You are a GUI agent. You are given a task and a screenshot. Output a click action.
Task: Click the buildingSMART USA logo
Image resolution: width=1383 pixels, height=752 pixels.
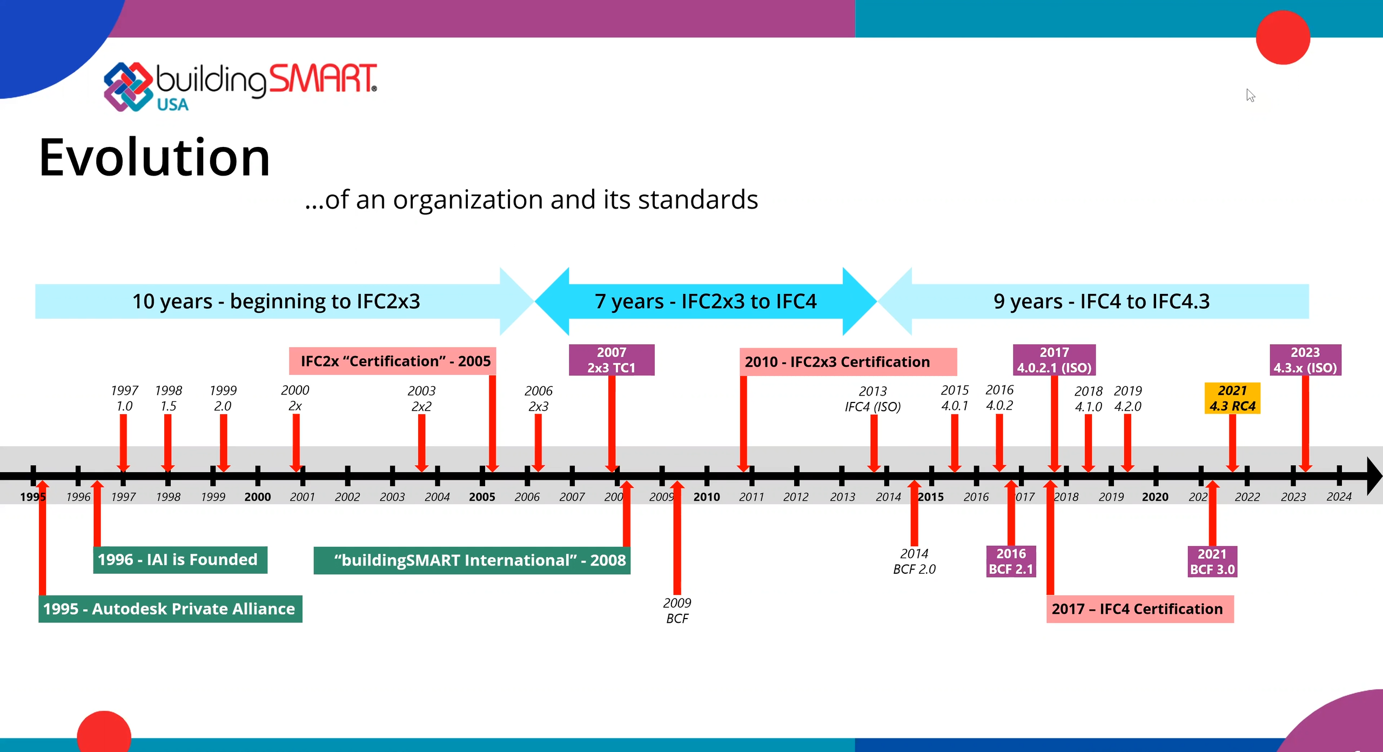point(240,86)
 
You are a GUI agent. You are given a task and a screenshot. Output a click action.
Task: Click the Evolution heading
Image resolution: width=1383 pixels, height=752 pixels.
point(154,157)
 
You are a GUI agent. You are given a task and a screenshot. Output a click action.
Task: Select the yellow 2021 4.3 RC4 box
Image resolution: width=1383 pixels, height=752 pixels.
point(1232,398)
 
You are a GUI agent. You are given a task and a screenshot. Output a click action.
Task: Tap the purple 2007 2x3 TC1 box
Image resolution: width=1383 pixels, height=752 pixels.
point(612,360)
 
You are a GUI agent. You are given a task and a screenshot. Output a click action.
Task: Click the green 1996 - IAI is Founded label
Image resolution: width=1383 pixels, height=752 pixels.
point(180,560)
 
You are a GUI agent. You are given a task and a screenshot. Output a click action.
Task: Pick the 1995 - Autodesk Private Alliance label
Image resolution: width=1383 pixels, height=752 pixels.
point(170,609)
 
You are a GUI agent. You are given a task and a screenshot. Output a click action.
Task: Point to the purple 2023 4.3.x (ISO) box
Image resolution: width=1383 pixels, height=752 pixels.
point(1305,360)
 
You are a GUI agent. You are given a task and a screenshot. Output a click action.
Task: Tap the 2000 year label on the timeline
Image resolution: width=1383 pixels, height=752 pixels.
point(258,497)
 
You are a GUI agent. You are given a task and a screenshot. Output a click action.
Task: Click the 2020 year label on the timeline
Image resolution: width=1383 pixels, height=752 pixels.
point(1155,497)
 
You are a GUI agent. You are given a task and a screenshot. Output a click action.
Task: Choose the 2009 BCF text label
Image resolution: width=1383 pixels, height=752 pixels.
point(677,610)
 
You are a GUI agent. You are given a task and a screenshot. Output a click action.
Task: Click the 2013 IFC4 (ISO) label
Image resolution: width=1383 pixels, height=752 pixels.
point(873,399)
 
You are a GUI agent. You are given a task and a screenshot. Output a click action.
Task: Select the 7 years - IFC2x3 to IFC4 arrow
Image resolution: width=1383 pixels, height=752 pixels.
point(706,301)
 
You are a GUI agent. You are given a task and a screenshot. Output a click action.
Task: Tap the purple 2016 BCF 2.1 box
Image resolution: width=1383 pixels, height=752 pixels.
point(1011,561)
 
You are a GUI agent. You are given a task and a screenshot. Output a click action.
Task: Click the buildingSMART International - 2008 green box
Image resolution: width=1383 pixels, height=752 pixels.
point(472,560)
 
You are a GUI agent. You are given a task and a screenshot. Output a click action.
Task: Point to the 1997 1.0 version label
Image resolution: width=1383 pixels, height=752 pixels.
point(124,398)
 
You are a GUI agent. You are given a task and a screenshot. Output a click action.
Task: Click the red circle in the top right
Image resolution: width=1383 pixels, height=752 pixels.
point(1283,37)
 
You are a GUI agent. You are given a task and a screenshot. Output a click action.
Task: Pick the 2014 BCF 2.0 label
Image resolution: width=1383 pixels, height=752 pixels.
point(914,561)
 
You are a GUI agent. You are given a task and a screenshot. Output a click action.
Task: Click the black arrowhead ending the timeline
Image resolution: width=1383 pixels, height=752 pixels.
point(1374,476)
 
